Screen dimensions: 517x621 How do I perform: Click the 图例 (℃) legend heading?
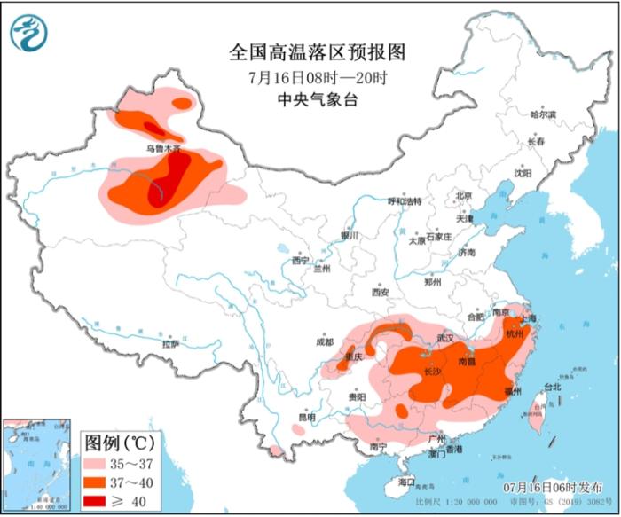[119, 442]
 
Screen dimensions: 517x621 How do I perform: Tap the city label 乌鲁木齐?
[163, 149]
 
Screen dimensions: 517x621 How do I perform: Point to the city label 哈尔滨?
[542, 114]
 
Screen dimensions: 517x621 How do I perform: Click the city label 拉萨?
[170, 343]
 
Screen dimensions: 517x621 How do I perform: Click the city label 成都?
[325, 341]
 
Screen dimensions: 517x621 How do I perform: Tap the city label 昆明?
[306, 417]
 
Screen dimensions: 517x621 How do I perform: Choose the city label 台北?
[552, 388]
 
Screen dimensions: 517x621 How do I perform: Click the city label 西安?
[381, 292]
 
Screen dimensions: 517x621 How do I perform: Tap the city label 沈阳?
[523, 174]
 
